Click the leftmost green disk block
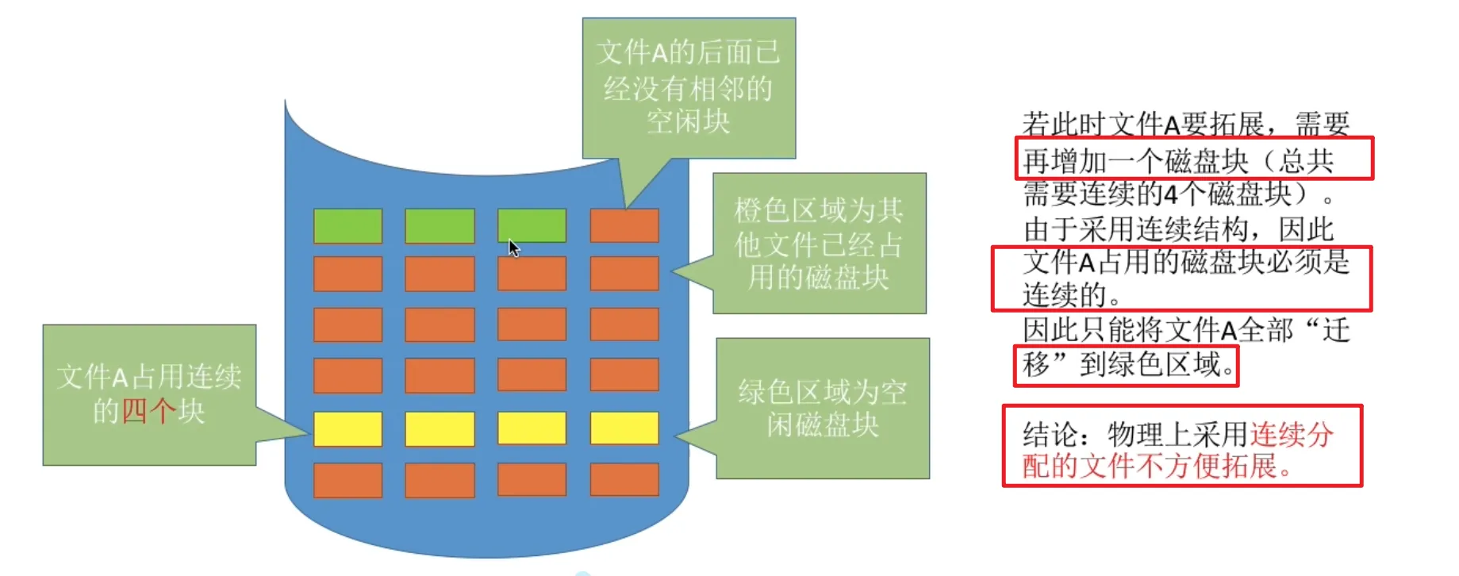pos(347,226)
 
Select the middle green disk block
pos(440,226)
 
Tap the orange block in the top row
pos(624,226)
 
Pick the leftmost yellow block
pos(347,428)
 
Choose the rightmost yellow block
pos(624,428)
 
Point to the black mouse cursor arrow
pos(513,248)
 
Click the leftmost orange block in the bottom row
pos(347,480)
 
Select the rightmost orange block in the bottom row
pos(624,480)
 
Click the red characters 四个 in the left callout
pos(148,411)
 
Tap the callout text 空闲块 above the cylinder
pos(688,121)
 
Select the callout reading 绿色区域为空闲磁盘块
pos(823,409)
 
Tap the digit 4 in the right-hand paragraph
pos(1171,194)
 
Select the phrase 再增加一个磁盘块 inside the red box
pos(1135,161)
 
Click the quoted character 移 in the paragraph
pos(1036,365)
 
